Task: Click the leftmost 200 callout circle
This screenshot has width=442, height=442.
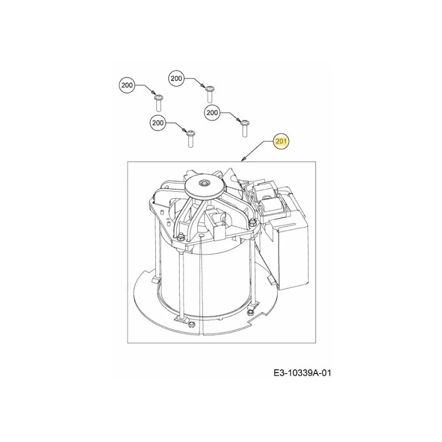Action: (127, 85)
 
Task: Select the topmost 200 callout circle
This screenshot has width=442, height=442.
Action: (176, 78)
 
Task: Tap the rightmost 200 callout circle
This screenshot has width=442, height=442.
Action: (212, 113)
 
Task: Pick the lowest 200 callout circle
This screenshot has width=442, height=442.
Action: (157, 123)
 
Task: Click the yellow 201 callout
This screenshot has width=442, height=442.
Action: (281, 141)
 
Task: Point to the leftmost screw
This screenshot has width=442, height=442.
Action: (159, 103)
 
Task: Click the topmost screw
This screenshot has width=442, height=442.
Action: (209, 94)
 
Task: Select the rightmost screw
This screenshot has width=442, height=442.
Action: (244, 129)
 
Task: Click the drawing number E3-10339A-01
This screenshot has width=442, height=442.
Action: (302, 373)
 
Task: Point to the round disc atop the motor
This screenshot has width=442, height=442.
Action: (202, 187)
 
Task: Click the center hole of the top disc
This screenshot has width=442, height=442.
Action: (202, 183)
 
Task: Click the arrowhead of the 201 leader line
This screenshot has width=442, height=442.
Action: (243, 160)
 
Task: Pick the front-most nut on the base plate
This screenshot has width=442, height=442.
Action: (192, 324)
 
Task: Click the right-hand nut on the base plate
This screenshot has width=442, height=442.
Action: (249, 313)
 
